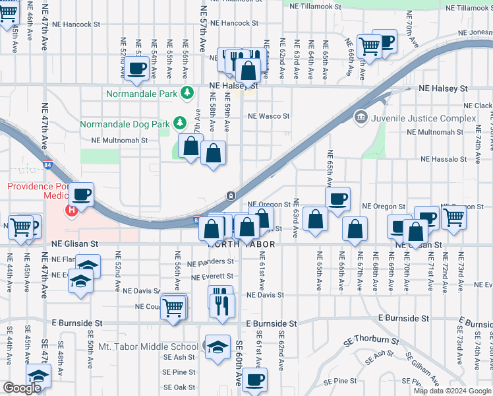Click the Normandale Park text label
tap(142, 94)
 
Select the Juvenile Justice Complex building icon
tap(361, 118)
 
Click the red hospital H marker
tap(71, 211)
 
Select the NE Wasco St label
tap(268, 116)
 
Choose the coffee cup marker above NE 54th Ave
tap(137, 67)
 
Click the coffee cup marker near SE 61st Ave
tap(254, 379)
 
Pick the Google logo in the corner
tap(22, 388)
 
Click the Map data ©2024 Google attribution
tap(451, 391)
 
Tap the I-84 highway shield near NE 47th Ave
tap(48, 164)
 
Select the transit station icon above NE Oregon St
tap(231, 195)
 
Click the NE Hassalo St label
tap(443, 159)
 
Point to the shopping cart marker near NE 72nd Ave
tap(453, 216)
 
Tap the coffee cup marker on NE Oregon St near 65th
tap(337, 198)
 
